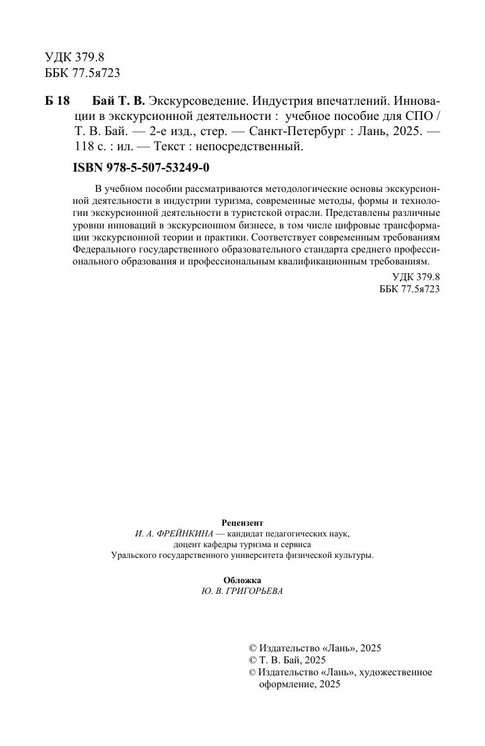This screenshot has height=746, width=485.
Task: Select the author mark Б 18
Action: click(x=57, y=101)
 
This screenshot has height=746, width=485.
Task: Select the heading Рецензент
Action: click(x=242, y=523)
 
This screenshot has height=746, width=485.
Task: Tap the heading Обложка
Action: click(x=242, y=580)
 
